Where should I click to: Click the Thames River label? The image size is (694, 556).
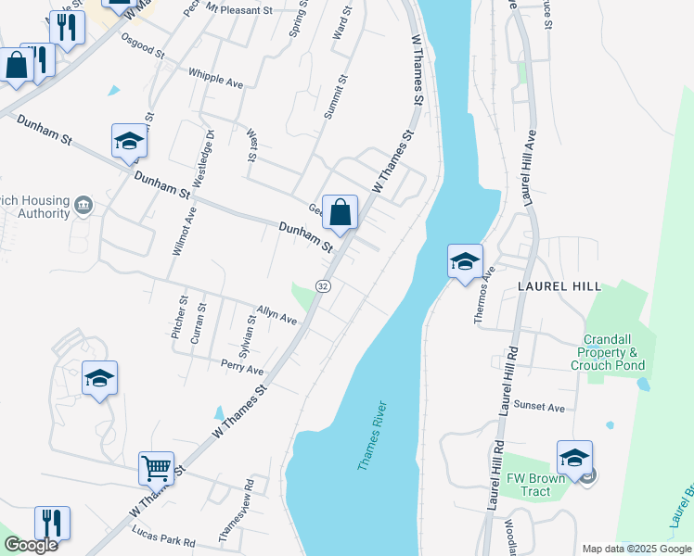tap(371, 436)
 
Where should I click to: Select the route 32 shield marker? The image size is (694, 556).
tap(323, 286)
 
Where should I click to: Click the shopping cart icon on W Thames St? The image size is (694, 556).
tap(156, 468)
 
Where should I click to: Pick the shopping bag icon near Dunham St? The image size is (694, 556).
tap(341, 212)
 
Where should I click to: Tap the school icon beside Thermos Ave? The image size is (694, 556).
tap(465, 260)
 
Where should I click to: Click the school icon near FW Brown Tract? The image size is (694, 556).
tap(574, 458)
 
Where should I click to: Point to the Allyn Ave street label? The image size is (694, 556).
tap(276, 314)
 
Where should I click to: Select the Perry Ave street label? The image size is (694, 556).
tap(242, 368)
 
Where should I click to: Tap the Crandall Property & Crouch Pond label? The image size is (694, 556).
tap(610, 353)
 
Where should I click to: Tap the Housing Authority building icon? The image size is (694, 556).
tap(83, 204)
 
